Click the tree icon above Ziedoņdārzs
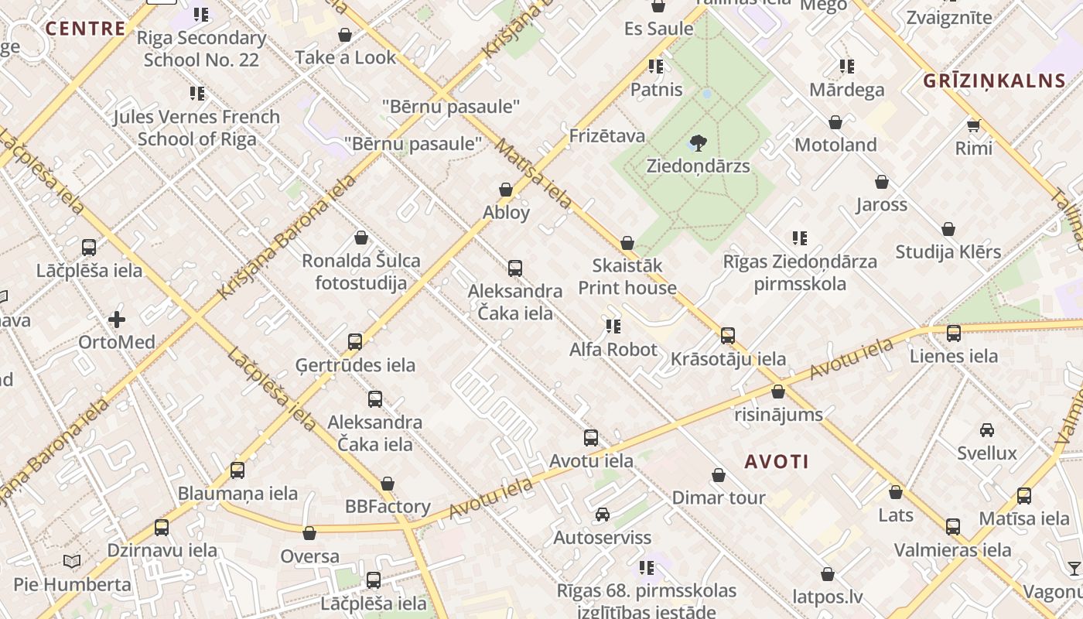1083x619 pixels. [x=698, y=142]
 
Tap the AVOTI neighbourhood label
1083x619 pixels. [x=777, y=462]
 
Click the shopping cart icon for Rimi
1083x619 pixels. [x=973, y=125]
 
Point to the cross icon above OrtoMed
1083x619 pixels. [x=117, y=319]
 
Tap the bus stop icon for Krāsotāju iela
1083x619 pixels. [x=728, y=336]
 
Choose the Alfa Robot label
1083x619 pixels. [x=613, y=350]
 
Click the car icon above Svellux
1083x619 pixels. [x=987, y=430]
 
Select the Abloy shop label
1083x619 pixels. [x=507, y=213]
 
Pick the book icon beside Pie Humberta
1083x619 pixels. [x=72, y=561]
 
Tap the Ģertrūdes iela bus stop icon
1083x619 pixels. [x=355, y=342]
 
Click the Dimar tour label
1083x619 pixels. [x=719, y=498]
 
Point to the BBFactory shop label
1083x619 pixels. [x=388, y=507]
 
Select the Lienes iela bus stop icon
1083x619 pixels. [x=954, y=333]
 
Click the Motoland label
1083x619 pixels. [x=835, y=145]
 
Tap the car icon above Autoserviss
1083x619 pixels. [x=603, y=515]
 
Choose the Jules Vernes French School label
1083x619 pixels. [x=196, y=128]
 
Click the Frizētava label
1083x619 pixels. [x=607, y=136]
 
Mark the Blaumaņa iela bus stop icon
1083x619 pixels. [x=237, y=470]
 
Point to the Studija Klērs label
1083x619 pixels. [x=948, y=251]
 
